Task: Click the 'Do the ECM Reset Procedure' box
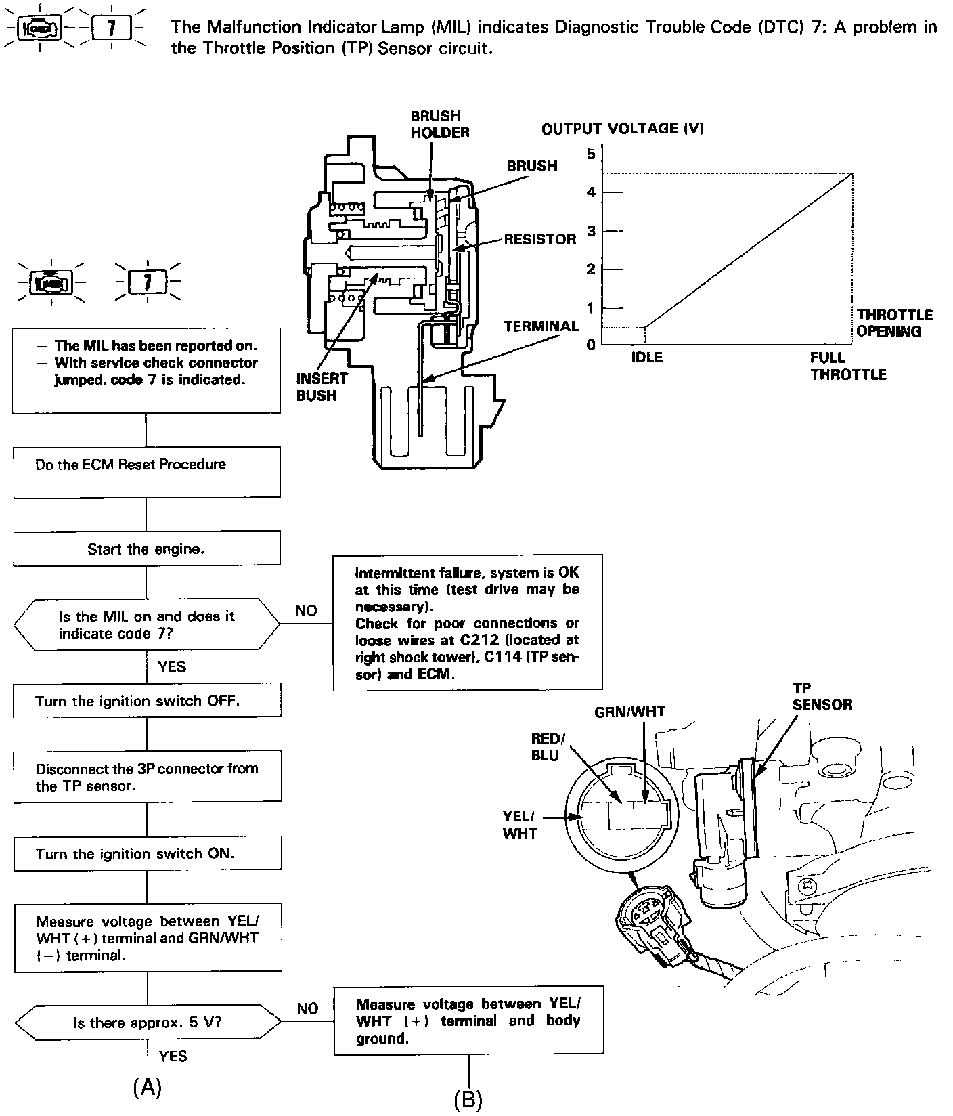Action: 147,471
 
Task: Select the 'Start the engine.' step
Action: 147,549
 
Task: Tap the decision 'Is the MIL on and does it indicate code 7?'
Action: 147,624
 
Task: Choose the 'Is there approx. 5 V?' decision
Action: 147,1023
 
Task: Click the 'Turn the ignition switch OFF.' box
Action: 147,701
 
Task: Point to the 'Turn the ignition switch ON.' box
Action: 147,853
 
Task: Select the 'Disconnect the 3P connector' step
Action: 147,777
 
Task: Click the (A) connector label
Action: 147,1087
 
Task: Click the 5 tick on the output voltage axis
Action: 591,154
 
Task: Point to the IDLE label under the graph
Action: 646,358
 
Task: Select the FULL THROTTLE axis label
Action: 847,366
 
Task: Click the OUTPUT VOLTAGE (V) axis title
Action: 622,129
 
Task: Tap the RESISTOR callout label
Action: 539,239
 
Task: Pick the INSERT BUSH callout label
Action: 322,387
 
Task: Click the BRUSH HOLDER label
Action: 439,125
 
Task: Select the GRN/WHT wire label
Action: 629,712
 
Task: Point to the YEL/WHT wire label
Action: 519,825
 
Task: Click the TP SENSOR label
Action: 822,696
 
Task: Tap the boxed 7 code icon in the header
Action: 112,28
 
